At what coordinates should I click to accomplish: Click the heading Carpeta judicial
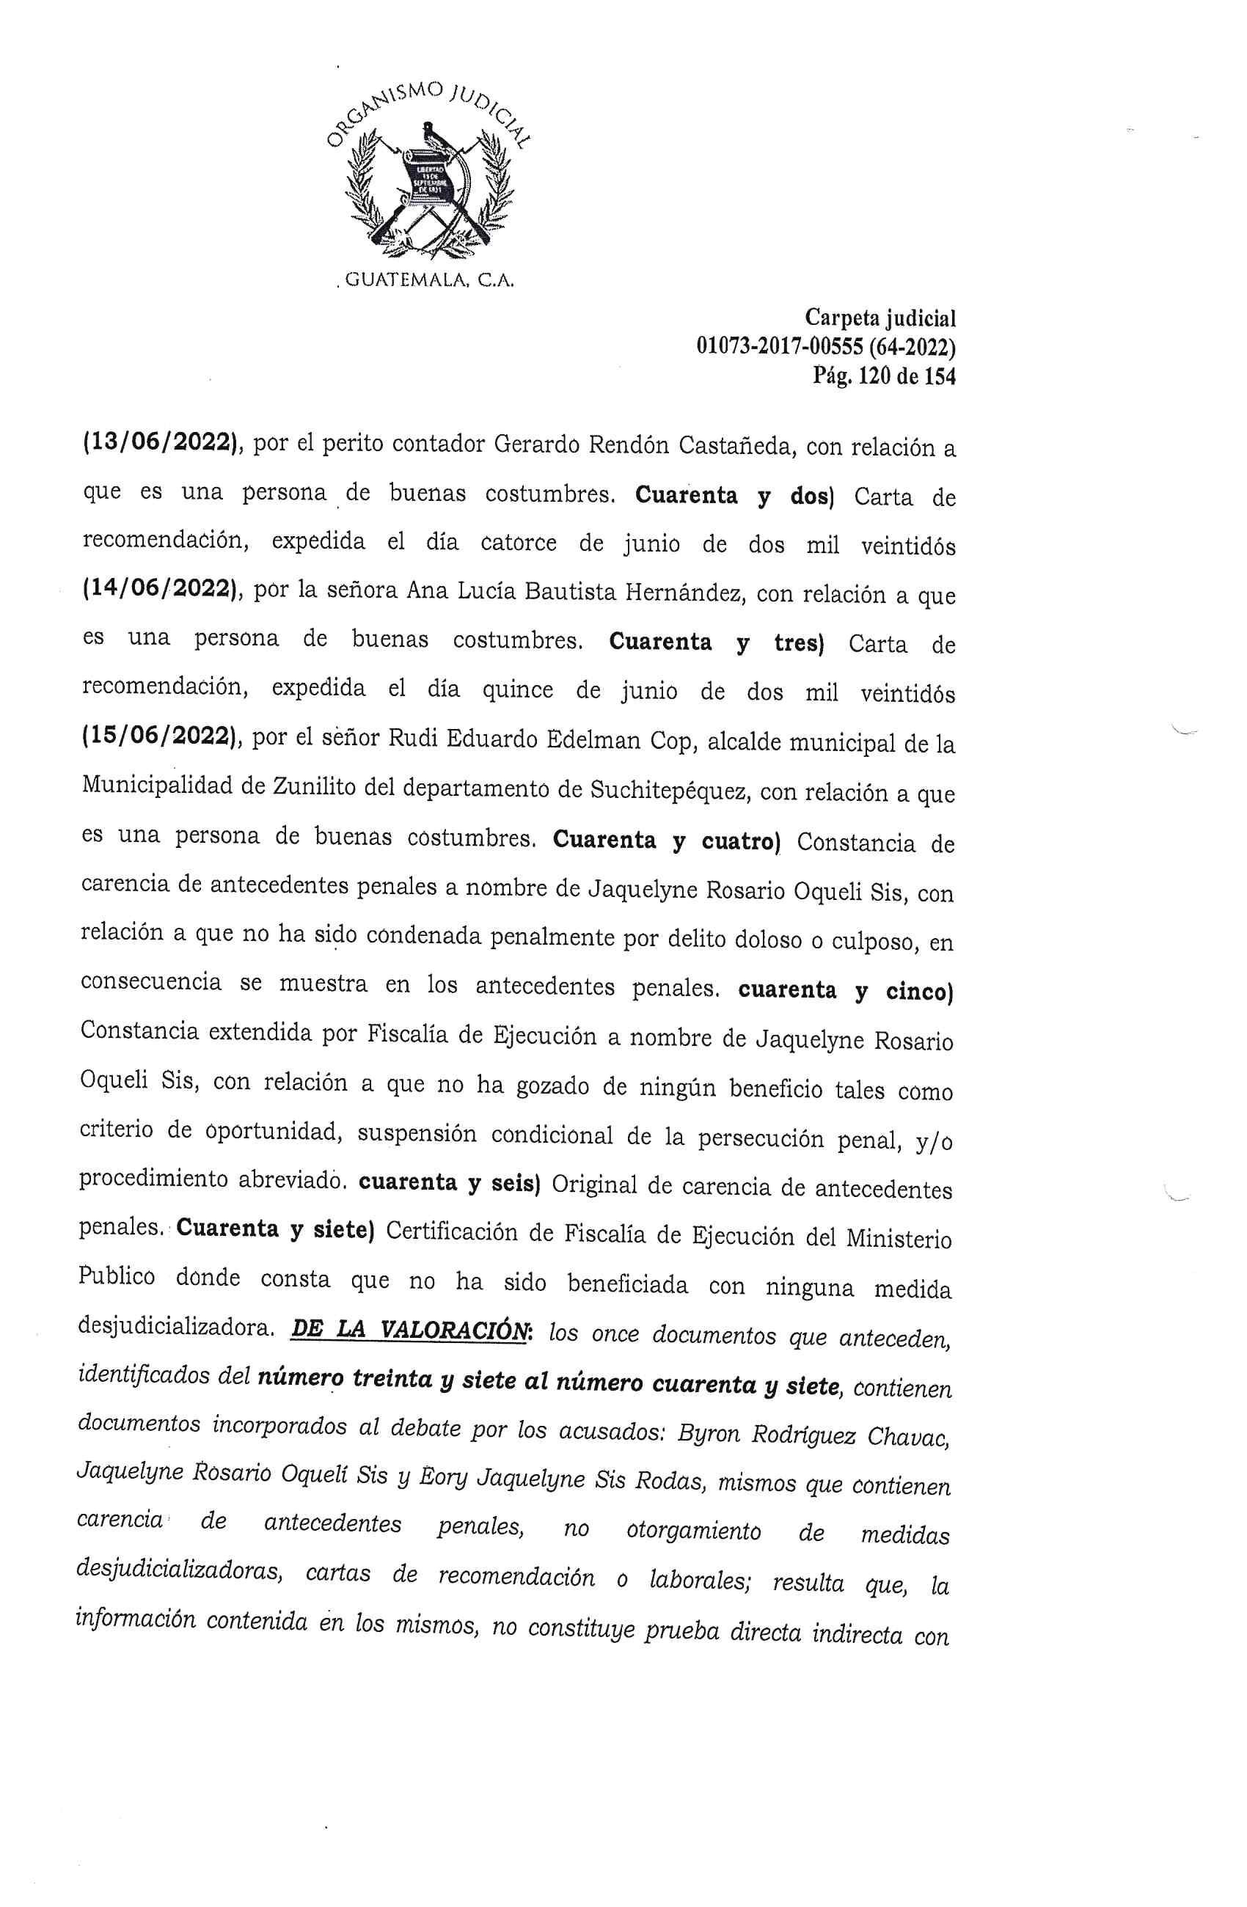880,319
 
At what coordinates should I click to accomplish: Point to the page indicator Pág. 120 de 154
884,376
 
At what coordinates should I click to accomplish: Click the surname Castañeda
736,445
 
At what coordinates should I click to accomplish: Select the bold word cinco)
918,991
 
